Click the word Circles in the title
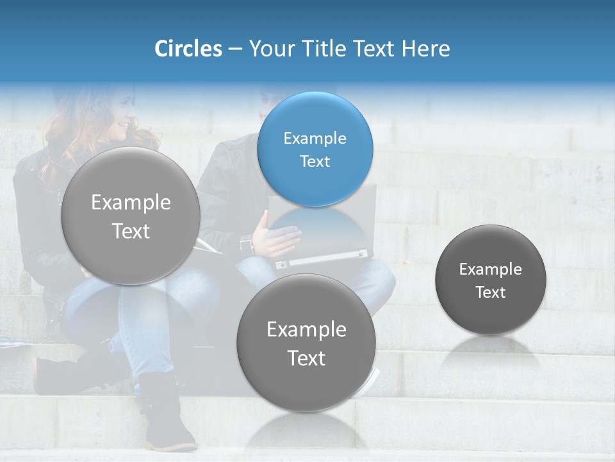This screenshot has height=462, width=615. (x=188, y=49)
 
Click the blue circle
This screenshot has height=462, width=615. (x=315, y=149)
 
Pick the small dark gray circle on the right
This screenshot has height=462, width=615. (x=491, y=280)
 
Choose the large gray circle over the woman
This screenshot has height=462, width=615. (x=131, y=216)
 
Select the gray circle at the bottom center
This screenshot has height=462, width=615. (x=306, y=343)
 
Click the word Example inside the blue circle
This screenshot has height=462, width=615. (x=315, y=138)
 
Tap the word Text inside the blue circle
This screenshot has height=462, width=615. (x=315, y=161)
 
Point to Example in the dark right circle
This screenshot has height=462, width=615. (x=491, y=269)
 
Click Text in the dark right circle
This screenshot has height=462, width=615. (x=491, y=292)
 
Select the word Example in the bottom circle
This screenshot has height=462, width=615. (x=306, y=329)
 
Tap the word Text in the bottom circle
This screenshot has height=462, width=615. (x=306, y=357)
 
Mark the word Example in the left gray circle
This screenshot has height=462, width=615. (x=131, y=202)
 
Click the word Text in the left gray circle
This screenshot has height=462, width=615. (x=131, y=231)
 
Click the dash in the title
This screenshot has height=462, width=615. (x=235, y=49)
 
